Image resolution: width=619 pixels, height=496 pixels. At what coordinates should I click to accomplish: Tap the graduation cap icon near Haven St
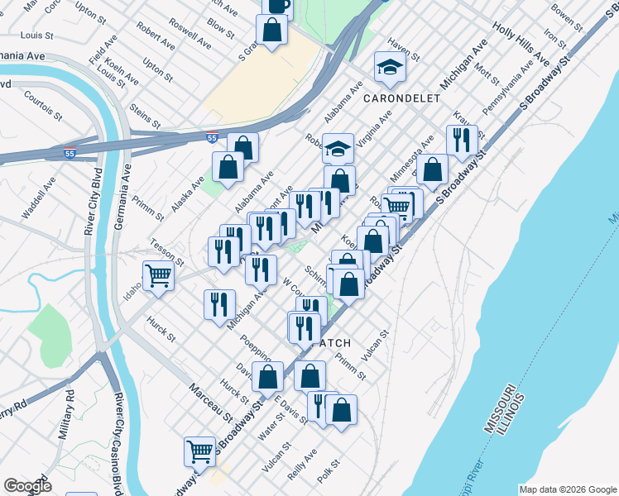[x=390, y=66]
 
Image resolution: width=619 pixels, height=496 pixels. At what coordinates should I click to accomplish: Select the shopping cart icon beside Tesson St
[x=158, y=275]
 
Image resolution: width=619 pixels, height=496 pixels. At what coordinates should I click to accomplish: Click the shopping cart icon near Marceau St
[x=199, y=451]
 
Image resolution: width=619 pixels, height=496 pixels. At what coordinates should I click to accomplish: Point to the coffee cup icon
[x=277, y=6]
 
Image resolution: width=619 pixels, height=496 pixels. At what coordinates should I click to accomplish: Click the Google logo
[x=27, y=486]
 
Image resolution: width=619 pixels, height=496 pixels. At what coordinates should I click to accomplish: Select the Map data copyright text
[x=567, y=489]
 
